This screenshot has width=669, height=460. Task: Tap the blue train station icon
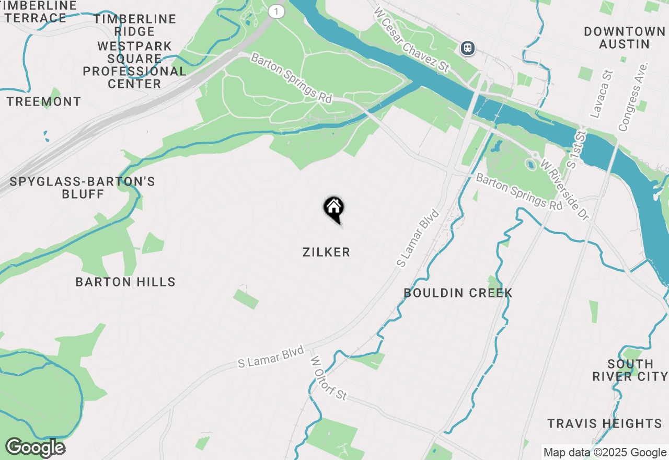tap(467, 48)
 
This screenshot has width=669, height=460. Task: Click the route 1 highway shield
tap(276, 11)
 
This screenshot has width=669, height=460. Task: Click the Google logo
tap(35, 447)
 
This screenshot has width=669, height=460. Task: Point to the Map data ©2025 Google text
tap(605, 453)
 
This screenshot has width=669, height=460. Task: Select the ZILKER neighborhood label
tap(326, 252)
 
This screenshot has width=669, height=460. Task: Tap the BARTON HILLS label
tap(125, 282)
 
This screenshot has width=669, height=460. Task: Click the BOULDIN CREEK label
tap(458, 293)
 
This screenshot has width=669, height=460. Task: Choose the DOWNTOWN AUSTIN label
tap(625, 38)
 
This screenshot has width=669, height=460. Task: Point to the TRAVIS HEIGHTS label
tap(605, 423)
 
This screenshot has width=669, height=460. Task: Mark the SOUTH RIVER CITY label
tap(630, 370)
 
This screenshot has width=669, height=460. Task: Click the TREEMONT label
tap(44, 102)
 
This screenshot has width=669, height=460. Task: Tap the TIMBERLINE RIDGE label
tap(135, 26)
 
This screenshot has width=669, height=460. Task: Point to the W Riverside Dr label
tap(564, 189)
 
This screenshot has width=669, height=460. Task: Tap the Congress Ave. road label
tap(633, 97)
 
